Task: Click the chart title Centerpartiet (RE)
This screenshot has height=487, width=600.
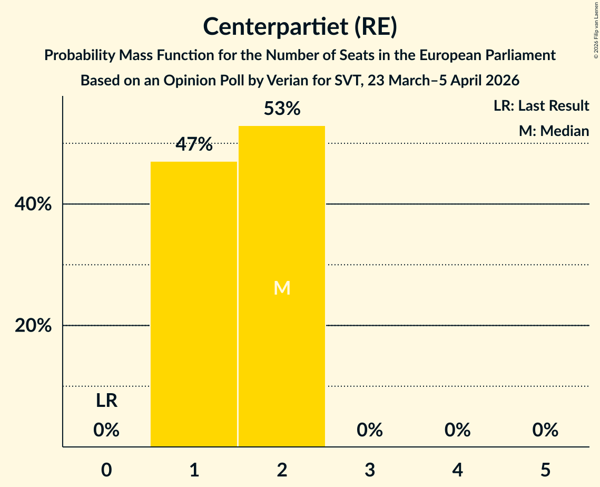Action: [300, 27]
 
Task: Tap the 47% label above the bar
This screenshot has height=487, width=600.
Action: [194, 144]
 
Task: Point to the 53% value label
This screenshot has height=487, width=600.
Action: [282, 109]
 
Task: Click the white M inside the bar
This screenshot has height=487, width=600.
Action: [282, 288]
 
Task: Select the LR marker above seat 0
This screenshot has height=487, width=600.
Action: [106, 401]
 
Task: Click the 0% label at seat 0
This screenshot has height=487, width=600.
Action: [106, 430]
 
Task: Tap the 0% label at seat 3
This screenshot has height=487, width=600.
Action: [370, 430]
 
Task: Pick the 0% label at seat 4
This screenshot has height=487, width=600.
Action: [457, 430]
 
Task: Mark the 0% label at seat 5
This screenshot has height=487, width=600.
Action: [545, 430]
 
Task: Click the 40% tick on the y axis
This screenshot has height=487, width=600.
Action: [33, 204]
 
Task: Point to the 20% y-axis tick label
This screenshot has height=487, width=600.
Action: [33, 326]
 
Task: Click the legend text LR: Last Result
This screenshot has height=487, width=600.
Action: [541, 106]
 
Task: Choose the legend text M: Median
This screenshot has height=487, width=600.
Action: [554, 131]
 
